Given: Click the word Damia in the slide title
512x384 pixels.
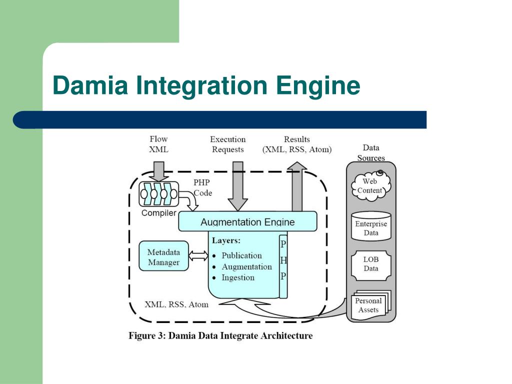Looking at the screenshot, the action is pos(90,85).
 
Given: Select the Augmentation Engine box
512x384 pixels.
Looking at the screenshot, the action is pos(247,221).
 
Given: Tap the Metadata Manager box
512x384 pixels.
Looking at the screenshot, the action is pos(163,256).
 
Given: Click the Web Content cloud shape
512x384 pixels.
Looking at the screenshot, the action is pos(371,185).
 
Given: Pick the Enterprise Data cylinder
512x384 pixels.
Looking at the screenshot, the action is pos(371,226).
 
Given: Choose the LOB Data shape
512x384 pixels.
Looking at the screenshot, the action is pos(371,265).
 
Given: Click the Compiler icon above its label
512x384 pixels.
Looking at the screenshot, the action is pos(158,194).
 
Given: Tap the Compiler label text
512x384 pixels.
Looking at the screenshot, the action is pos(158,213).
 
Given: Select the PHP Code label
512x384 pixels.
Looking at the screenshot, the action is pos(202,188).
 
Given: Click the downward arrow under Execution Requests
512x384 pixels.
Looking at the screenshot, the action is pos(237,186).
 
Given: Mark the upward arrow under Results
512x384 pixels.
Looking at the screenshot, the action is pos(297,186).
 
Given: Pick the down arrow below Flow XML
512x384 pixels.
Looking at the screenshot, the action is pos(158,171).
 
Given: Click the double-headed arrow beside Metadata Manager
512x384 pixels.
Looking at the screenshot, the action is pos(198,255).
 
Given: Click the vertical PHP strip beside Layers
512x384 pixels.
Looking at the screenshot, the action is pos(283,266).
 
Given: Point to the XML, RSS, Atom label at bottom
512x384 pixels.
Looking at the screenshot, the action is pos(176,304).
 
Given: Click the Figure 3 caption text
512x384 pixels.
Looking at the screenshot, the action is pos(220,335).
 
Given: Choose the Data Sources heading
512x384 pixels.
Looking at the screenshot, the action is pos(371,153).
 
